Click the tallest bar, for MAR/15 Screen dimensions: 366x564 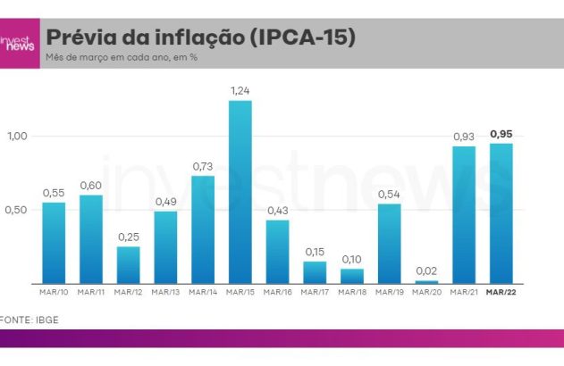pyautogui.click(x=240, y=192)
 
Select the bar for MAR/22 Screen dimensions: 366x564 pyautogui.click(x=501, y=213)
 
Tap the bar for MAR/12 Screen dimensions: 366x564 pyautogui.click(x=128, y=265)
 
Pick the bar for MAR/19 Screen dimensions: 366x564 pyautogui.click(x=389, y=244)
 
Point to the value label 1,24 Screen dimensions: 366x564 pyautogui.click(x=240, y=91)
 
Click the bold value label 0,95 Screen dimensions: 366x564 pyautogui.click(x=501, y=134)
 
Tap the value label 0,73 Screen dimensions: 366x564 pyautogui.click(x=203, y=167)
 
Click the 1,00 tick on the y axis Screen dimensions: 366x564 pyautogui.click(x=18, y=136)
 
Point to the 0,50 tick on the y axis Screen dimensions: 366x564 pyautogui.click(x=18, y=210)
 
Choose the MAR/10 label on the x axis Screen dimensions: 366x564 pyautogui.click(x=54, y=293)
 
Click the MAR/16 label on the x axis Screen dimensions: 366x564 pyautogui.click(x=277, y=293)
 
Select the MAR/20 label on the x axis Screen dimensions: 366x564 pyautogui.click(x=426, y=293)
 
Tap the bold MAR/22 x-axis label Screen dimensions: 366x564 pyautogui.click(x=501, y=293)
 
